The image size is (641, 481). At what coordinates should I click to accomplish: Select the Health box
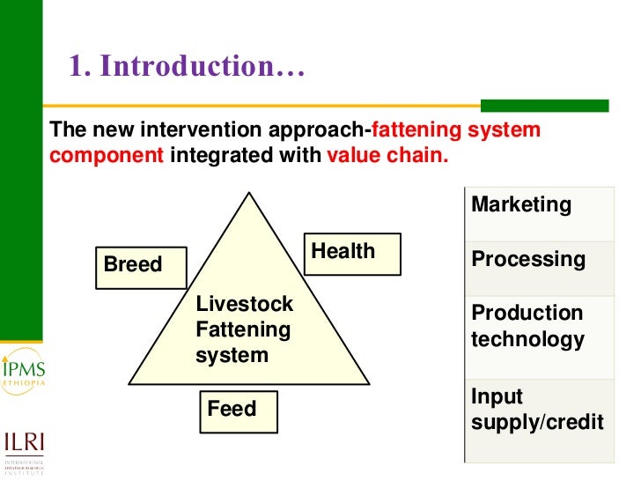point(352,253)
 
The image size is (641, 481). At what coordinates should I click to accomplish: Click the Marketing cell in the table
point(538,214)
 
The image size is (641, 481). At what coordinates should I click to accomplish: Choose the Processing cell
point(538,268)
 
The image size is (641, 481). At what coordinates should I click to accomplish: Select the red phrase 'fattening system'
point(456,131)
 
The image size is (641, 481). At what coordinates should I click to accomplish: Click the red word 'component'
point(107,157)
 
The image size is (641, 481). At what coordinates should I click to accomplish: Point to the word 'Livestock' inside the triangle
point(244,304)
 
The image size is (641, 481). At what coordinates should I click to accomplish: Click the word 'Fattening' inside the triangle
point(242,330)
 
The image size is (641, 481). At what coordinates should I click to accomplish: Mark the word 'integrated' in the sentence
point(215,157)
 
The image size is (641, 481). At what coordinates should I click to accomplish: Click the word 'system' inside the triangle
point(232,356)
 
